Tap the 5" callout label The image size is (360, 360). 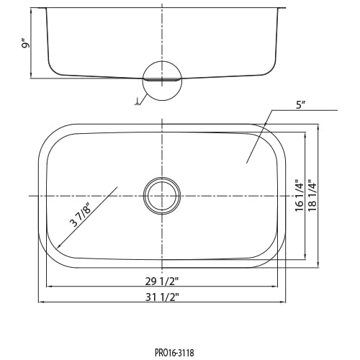[300, 105]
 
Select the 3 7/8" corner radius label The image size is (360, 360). [81, 215]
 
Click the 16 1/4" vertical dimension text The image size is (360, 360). [300, 196]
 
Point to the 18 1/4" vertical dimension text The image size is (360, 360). [312, 196]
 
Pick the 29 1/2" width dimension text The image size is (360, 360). [162, 282]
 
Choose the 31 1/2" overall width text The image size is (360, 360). [162, 297]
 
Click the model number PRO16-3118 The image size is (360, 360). [174, 353]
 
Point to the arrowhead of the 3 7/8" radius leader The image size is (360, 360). [57, 248]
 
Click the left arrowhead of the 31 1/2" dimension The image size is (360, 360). [40, 302]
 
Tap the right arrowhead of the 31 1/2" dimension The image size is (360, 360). [284, 302]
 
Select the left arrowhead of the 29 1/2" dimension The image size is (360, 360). [48, 287]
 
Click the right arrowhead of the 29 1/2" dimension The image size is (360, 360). [276, 287]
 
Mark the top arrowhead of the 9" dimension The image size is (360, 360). [31, 9]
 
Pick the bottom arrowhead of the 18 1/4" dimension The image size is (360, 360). [318, 266]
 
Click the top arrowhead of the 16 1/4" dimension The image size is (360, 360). [305, 135]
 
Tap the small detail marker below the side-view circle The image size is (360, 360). [138, 102]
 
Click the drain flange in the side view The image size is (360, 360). [162, 79]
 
